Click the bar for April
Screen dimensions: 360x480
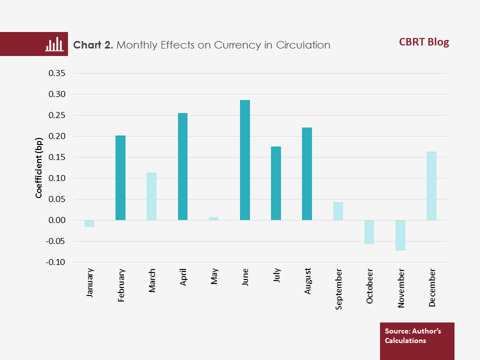point(182,166)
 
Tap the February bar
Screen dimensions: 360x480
point(120,177)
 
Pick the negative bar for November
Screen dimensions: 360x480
point(400,235)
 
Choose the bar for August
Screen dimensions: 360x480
point(307,173)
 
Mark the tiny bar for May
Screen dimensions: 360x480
point(213,218)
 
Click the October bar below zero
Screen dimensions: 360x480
point(369,232)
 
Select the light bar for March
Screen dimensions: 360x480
point(151,196)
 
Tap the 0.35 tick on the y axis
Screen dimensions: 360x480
point(56,73)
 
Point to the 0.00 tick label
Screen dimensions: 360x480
point(56,220)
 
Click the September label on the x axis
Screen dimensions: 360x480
point(339,289)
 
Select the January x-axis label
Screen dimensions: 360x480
point(90,283)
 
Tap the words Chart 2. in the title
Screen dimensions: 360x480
point(93,45)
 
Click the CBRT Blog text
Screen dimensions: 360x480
point(424,42)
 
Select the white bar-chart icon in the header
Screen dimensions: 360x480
point(54,44)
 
